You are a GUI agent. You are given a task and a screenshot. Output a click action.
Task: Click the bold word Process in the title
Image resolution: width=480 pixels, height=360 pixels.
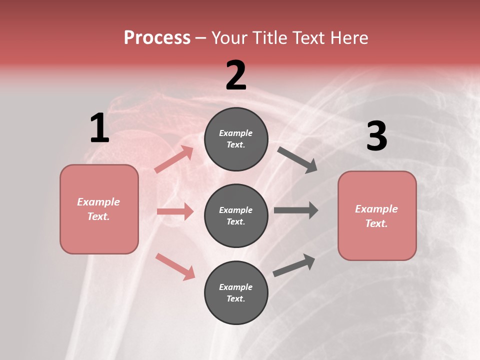(x=157, y=38)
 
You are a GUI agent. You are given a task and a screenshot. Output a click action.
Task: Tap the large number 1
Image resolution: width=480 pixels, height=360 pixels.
(x=99, y=128)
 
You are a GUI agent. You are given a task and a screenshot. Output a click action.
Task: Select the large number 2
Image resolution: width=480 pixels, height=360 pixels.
(x=236, y=75)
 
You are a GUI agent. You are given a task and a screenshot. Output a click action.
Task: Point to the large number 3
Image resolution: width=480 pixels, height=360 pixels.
(x=376, y=136)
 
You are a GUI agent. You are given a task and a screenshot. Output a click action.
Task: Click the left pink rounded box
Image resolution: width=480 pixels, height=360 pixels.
(x=99, y=209)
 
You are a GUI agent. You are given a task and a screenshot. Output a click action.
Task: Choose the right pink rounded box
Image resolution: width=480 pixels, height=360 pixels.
(x=377, y=215)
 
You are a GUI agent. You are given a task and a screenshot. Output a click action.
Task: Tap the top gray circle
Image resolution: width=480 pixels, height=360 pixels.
(x=236, y=139)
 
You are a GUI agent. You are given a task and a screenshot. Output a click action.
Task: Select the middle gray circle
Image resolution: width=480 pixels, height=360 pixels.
(x=236, y=215)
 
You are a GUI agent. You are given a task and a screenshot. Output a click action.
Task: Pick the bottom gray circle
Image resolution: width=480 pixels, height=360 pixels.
(x=236, y=292)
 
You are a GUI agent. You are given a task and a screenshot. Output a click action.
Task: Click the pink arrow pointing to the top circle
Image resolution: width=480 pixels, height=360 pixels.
(x=174, y=159)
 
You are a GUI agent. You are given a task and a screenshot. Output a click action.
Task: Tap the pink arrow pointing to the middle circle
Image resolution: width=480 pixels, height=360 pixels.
(x=175, y=211)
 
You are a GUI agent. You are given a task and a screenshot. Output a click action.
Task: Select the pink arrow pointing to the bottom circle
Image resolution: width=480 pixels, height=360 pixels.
(x=175, y=266)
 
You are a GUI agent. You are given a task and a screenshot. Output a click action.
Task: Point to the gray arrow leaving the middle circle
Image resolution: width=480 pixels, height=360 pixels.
(x=296, y=210)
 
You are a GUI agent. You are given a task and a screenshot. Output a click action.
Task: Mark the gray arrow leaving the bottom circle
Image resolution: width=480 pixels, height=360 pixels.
(x=294, y=265)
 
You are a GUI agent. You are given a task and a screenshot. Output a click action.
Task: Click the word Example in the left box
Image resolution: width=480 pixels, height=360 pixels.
(x=98, y=202)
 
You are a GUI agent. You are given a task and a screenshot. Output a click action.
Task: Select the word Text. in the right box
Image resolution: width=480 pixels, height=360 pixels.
(x=376, y=223)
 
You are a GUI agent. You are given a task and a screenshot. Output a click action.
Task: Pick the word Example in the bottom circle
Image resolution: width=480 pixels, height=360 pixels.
(x=236, y=287)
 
